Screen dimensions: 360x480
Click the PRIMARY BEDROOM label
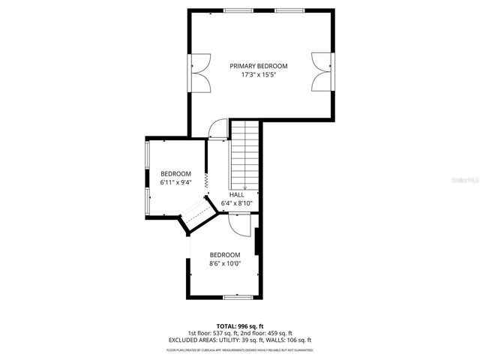pos(258,66)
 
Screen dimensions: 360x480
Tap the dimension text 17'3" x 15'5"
pos(258,75)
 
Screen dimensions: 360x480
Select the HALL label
pos(236,194)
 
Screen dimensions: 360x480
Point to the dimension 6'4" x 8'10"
pos(236,203)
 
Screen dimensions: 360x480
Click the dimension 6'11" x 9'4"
pos(176,181)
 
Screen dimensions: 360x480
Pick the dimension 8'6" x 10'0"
pos(225,263)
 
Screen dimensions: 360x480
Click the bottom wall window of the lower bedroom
pos(237,297)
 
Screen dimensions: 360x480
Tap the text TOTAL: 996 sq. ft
pos(239,326)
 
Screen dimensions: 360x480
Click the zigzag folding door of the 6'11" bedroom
pos(205,181)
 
